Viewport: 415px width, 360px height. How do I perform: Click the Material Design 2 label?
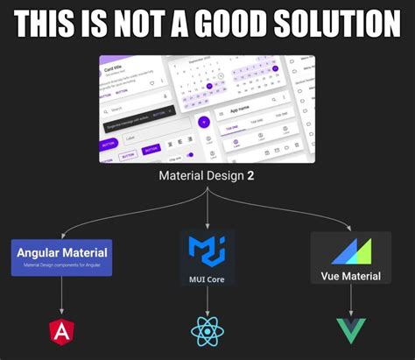[207, 175]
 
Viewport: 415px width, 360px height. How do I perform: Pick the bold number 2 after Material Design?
[250, 175]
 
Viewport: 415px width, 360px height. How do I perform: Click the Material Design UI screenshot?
[207, 109]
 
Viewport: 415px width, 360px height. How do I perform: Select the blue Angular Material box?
[62, 257]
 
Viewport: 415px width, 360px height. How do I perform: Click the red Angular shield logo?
[62, 331]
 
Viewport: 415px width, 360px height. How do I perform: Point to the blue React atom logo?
[207, 331]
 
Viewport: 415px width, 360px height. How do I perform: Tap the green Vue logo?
[350, 331]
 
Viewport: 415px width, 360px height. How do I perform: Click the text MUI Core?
[207, 279]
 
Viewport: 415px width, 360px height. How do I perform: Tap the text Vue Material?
[350, 276]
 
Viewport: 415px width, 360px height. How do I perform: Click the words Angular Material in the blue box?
[62, 252]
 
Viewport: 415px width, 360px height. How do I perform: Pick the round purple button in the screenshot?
[203, 123]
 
